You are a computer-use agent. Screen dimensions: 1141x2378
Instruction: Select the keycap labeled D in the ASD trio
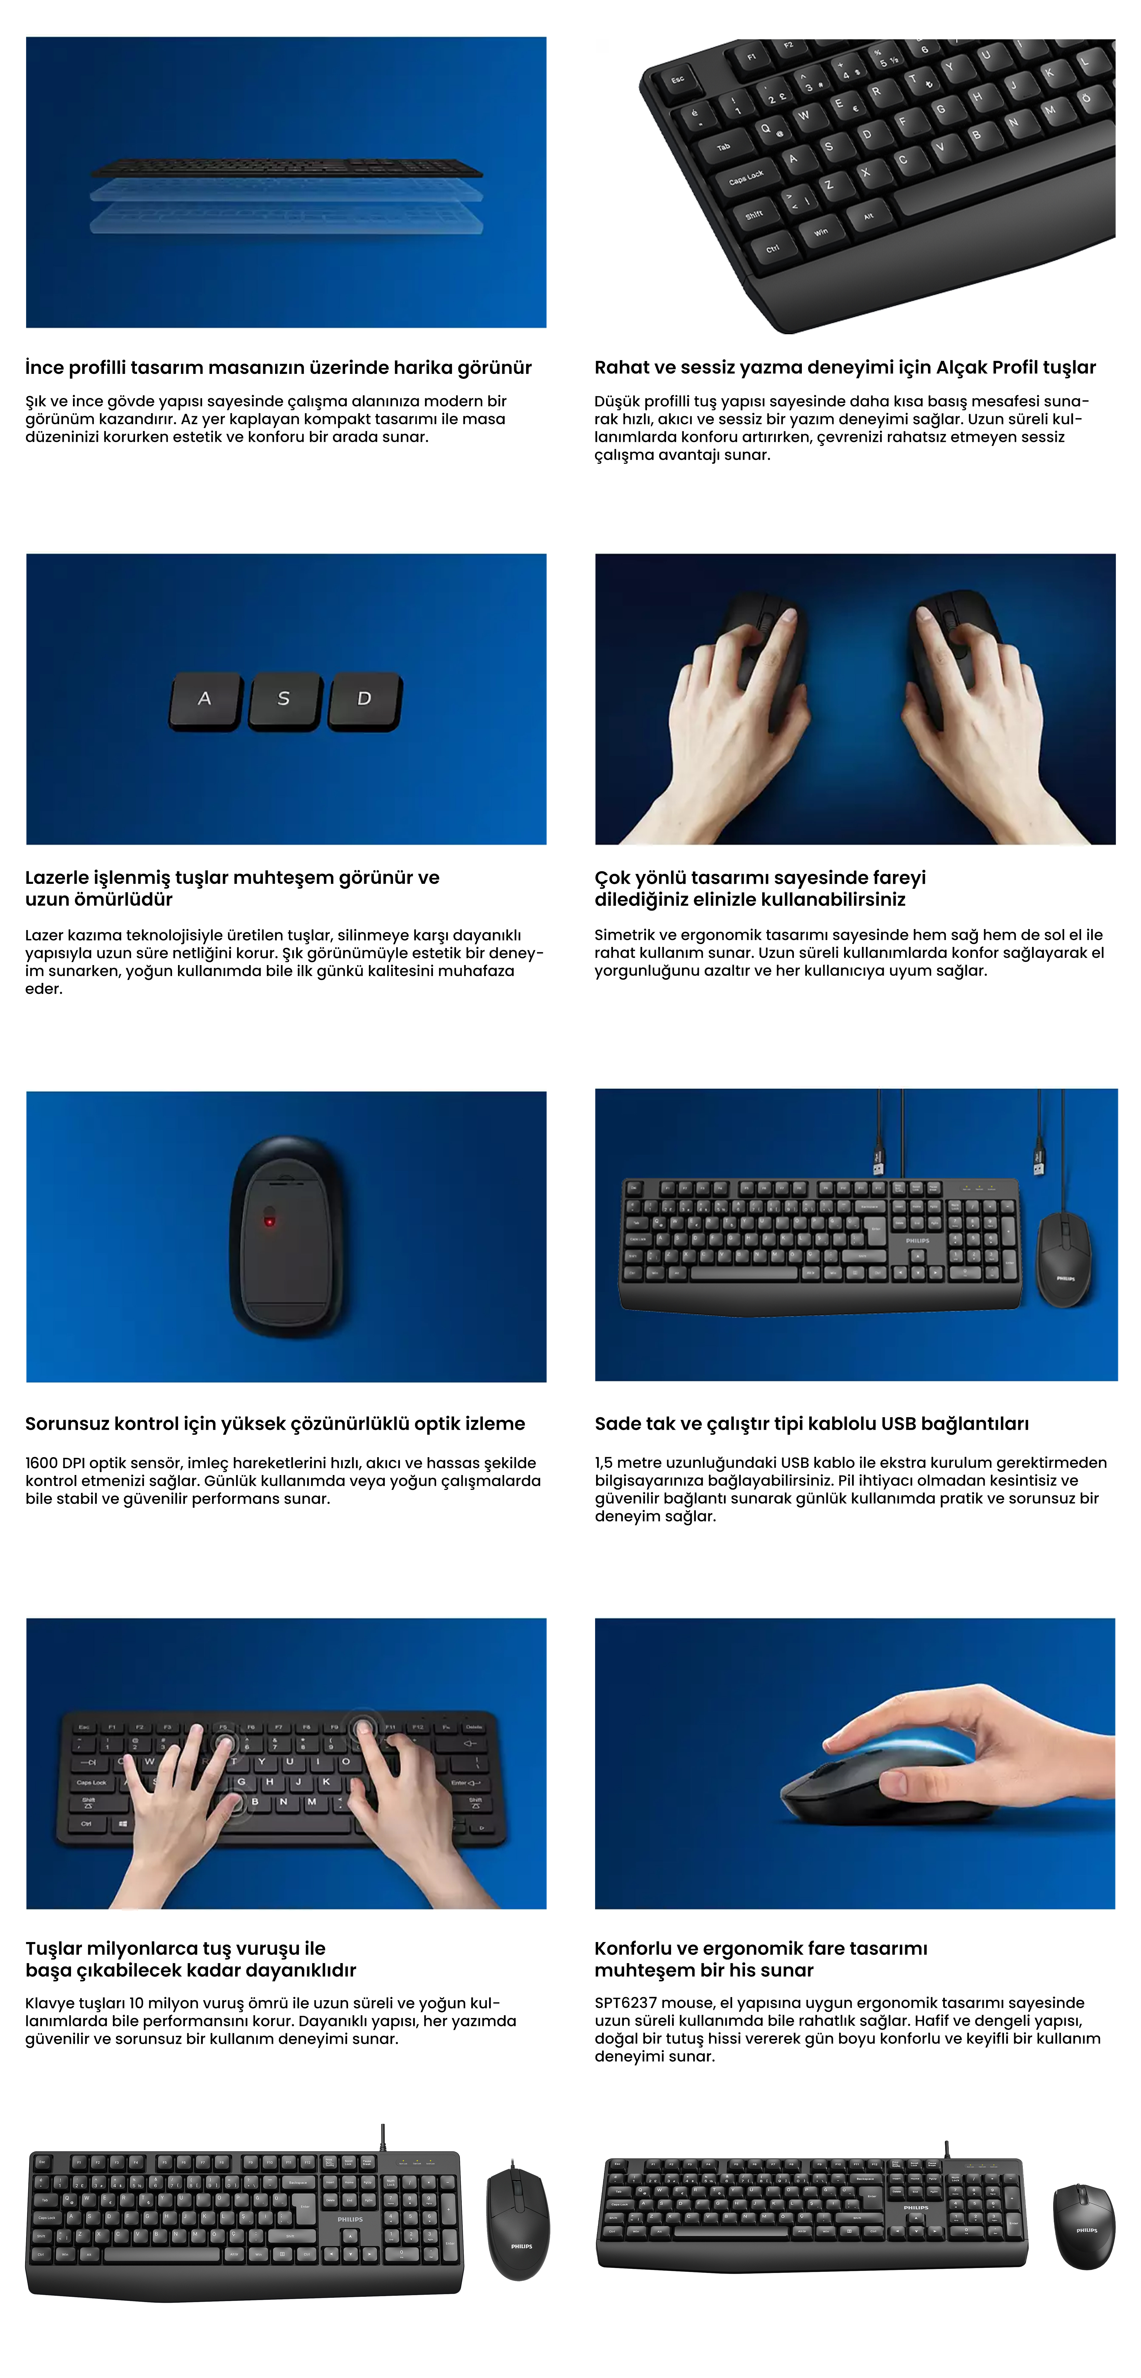click(365, 702)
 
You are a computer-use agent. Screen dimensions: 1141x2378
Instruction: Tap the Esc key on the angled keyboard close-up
click(679, 80)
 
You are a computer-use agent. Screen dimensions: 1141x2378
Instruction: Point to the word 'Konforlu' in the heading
click(632, 1949)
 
